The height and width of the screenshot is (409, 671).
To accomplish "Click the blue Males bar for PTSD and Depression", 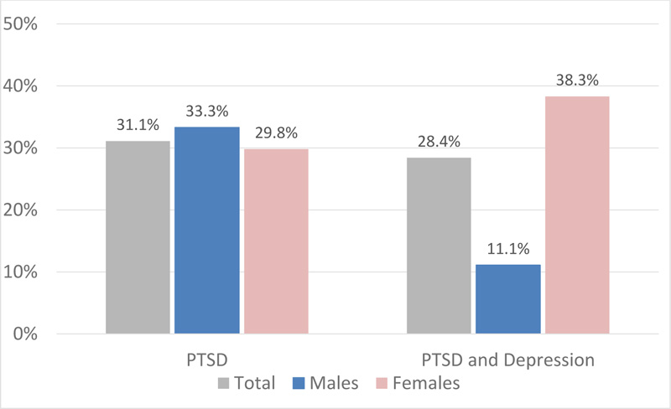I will click(507, 299).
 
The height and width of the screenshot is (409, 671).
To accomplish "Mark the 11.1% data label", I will click(507, 247).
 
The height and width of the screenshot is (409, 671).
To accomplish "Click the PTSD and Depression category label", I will click(507, 361).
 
